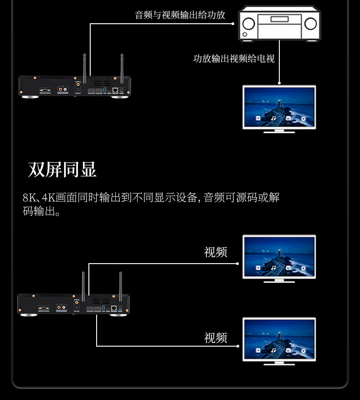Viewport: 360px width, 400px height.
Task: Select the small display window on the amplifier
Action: coord(279,19)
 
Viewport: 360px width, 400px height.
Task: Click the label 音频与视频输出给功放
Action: coord(180,15)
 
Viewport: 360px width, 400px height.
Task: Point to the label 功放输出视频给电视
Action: coord(234,59)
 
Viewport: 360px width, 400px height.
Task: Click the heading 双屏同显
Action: coord(62,170)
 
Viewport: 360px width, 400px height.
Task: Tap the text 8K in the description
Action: coord(29,198)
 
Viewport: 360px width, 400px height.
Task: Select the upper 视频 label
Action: coord(216,252)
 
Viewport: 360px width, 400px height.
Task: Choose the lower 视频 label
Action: coord(216,338)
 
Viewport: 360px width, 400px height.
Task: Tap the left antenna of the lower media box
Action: coord(83,285)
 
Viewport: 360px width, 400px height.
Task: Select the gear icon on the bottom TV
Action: coord(304,350)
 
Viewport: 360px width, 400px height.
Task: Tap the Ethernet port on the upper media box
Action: coord(115,90)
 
